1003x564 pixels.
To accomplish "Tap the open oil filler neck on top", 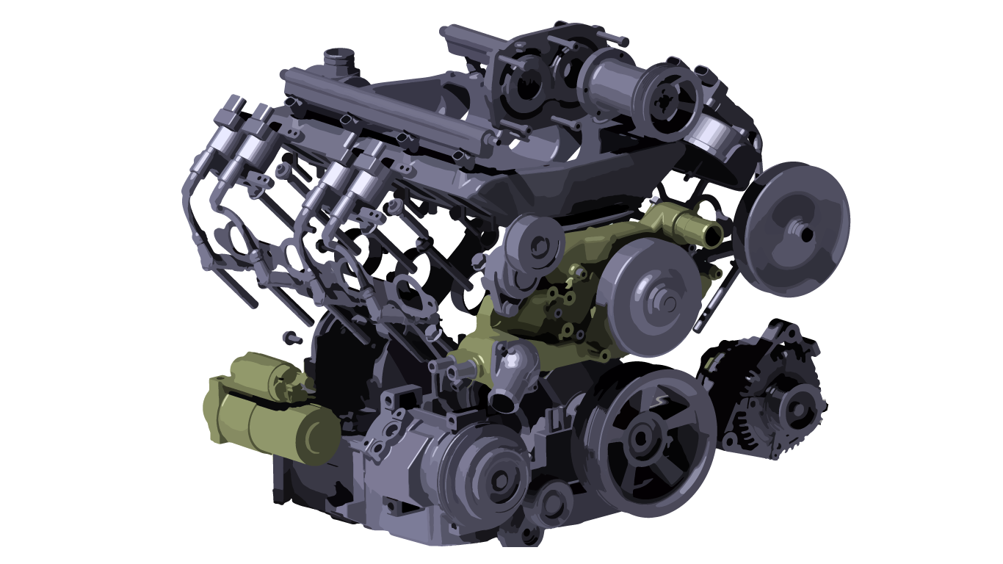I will click(339, 57).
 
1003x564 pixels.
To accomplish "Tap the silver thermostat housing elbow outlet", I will click(505, 400).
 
